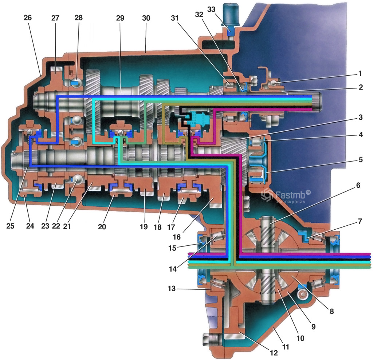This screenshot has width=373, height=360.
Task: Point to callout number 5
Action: coord(360,159)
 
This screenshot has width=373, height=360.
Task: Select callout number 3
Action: coord(360,117)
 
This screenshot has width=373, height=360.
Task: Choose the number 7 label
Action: coord(360,221)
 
